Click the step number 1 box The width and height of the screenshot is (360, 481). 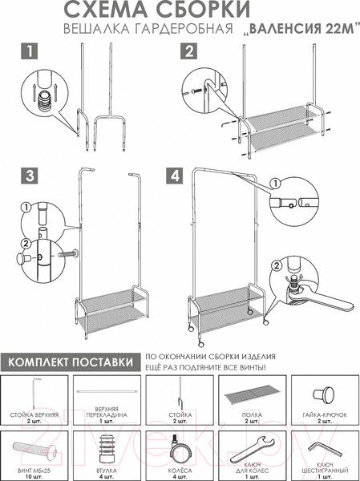(x=30, y=51)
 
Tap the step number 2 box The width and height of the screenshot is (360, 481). (x=189, y=51)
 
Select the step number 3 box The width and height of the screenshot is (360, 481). (x=30, y=176)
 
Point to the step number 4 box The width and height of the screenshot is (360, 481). (x=175, y=176)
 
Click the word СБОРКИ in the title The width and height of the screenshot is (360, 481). (x=200, y=10)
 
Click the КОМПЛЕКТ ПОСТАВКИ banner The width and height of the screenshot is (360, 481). (x=71, y=362)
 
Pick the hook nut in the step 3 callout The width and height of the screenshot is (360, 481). (x=22, y=258)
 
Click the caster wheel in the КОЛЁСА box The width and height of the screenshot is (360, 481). (x=180, y=450)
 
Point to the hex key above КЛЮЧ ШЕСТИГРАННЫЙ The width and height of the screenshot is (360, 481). (x=325, y=450)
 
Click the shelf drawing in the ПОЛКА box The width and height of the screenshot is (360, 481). (x=252, y=397)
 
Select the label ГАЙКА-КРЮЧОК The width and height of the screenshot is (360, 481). (x=325, y=414)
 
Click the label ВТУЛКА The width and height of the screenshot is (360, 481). (x=107, y=471)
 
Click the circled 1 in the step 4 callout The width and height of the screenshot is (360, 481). (x=275, y=184)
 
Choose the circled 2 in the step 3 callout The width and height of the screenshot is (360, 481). (x=26, y=244)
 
